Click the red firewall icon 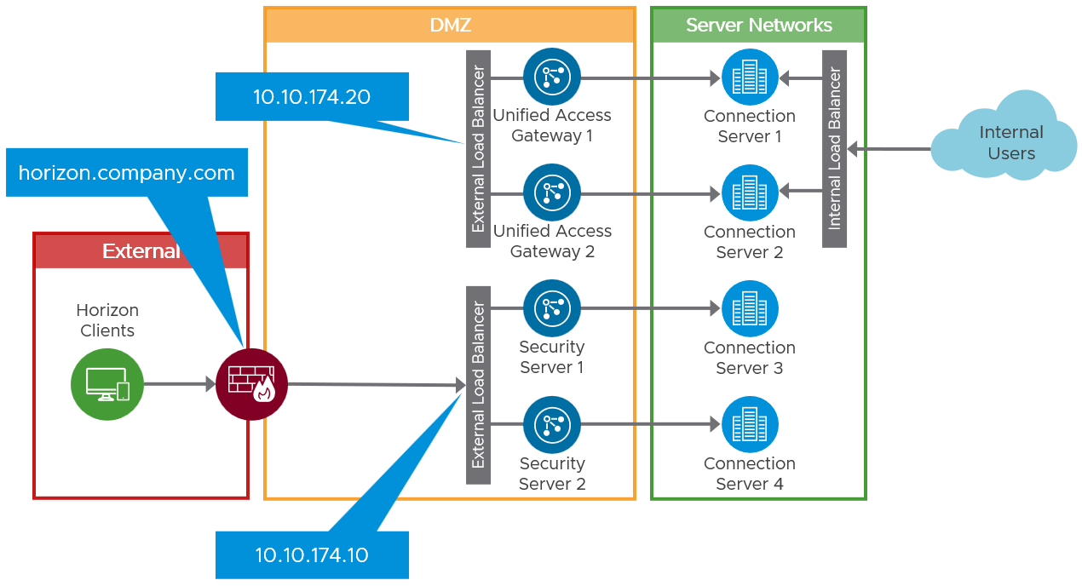251,385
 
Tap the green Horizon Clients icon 106,385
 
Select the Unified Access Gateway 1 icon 551,77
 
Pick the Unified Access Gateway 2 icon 551,192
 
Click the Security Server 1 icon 551,308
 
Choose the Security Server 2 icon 551,424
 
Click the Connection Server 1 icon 750,78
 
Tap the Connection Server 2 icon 750,193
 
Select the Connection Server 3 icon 750,308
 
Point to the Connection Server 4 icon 750,424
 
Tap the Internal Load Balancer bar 834,149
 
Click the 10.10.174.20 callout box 312,96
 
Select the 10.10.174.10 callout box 312,555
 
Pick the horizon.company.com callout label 126,173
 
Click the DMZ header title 450,26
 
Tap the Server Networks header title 758,26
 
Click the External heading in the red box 141,251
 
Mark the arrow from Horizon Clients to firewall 179,384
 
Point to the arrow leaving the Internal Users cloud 890,149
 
